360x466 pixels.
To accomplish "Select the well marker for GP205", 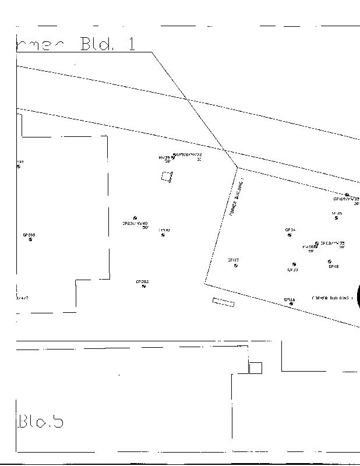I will [x=30, y=240].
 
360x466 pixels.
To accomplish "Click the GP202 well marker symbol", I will [x=143, y=287].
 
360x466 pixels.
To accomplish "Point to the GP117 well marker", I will [x=235, y=266].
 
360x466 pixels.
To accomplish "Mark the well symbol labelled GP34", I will [x=290, y=235].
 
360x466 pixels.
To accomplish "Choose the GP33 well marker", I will [x=294, y=264].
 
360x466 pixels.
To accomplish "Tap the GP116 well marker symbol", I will [x=291, y=304].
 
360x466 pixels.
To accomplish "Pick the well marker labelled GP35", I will [x=336, y=218].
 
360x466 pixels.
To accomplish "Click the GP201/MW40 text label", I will [x=135, y=223].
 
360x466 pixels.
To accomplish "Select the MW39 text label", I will [x=164, y=157].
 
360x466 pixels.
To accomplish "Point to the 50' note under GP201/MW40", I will [x=145, y=227].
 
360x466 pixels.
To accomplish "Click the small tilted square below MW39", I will [x=167, y=176].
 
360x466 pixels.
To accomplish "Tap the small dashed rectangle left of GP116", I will [x=223, y=302].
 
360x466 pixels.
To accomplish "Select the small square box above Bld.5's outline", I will [x=255, y=368].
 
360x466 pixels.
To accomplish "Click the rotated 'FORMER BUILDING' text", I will [x=235, y=198].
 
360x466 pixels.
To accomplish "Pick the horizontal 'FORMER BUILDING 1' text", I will [x=333, y=297].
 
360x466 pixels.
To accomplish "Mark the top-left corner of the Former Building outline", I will [x=238, y=168].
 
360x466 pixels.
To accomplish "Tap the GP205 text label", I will [x=29, y=235].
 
